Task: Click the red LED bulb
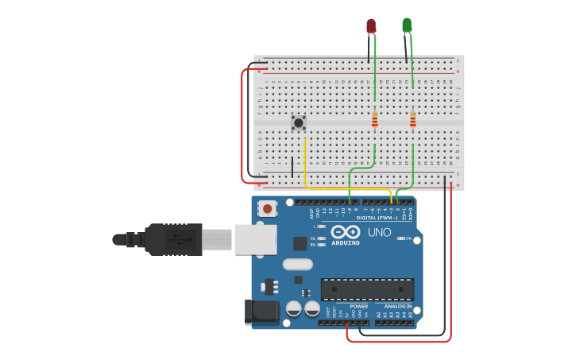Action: (x=371, y=26)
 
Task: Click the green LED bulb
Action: (x=407, y=25)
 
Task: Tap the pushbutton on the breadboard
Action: (x=298, y=122)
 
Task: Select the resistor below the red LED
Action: (x=375, y=119)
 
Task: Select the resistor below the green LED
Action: (x=412, y=119)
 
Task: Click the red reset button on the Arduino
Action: (x=269, y=209)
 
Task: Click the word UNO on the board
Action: (x=379, y=232)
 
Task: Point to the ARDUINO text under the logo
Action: (x=346, y=243)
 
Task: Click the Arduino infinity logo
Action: (x=346, y=232)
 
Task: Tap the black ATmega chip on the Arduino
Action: (x=367, y=289)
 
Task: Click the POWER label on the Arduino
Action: (x=359, y=306)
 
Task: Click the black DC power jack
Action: (x=262, y=312)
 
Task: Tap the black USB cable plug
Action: (x=171, y=238)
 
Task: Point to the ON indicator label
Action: (x=408, y=238)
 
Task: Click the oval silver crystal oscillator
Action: (x=298, y=264)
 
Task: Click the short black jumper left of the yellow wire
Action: (x=292, y=167)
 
